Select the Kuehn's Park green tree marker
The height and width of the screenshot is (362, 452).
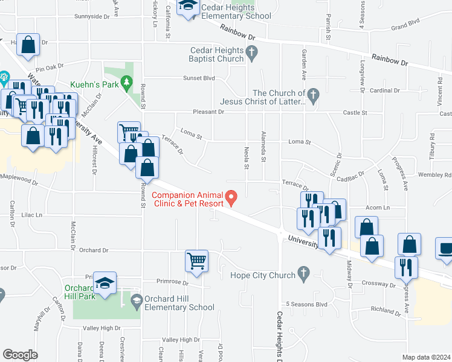point(127,82)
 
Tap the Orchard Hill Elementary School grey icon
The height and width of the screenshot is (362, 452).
point(137,300)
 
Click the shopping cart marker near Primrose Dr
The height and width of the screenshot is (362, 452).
point(197,261)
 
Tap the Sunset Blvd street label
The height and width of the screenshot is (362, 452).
point(200,78)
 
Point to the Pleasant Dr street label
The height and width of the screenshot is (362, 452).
point(208,112)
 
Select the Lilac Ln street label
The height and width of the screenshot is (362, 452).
point(31,215)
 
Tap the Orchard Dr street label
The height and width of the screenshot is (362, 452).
point(93,250)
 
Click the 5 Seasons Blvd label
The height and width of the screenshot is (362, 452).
point(306,304)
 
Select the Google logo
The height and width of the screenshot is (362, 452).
point(21,355)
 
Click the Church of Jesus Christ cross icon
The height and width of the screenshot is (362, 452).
point(312,94)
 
